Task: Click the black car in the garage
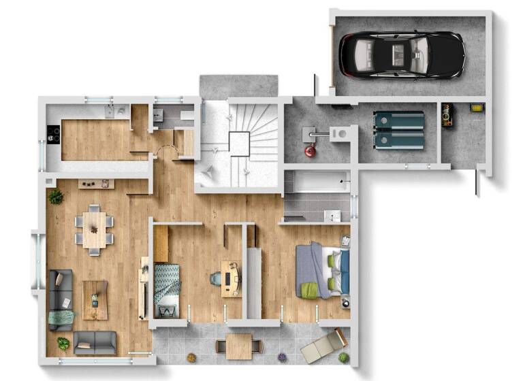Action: [x=402, y=54]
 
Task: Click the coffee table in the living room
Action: [x=95, y=299]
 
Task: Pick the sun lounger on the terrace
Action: [x=323, y=346]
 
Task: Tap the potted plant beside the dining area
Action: [x=56, y=197]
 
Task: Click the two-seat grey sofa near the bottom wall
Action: [x=95, y=342]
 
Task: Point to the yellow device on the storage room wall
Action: [x=477, y=107]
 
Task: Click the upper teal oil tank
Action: [x=398, y=121]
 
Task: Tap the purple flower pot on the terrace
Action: [x=279, y=356]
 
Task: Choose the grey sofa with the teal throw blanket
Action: [x=61, y=300]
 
